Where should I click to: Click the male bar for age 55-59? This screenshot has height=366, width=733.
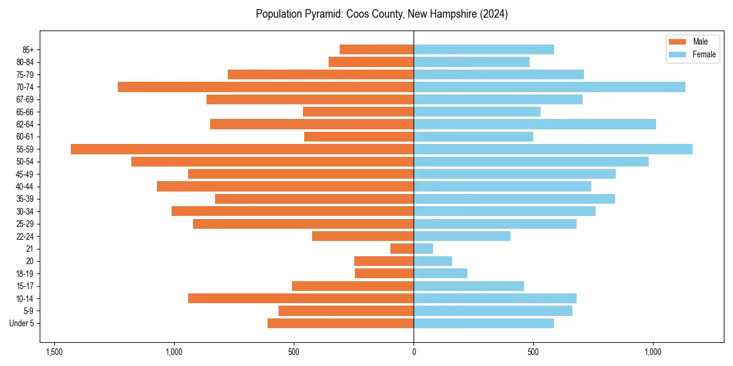[242, 149]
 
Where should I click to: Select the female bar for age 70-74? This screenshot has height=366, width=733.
[549, 87]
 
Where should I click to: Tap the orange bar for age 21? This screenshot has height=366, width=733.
[402, 248]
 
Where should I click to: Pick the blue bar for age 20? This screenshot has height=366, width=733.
[432, 261]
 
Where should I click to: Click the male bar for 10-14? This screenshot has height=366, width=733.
[301, 298]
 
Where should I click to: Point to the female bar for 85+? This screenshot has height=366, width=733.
[484, 49]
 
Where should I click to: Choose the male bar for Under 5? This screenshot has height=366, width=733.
[340, 323]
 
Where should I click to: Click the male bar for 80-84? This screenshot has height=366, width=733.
[371, 62]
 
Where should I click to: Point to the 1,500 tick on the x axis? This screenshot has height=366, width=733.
[54, 352]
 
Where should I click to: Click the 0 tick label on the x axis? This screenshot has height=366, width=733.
[414, 352]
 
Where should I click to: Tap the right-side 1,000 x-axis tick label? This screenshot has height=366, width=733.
[653, 352]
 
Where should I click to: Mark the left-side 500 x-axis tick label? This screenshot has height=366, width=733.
[294, 352]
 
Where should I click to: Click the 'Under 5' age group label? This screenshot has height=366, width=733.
[21, 323]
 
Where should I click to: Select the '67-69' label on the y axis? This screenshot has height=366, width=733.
[25, 99]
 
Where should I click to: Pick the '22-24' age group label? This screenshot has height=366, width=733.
[25, 236]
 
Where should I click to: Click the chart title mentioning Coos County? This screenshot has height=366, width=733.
[382, 14]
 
